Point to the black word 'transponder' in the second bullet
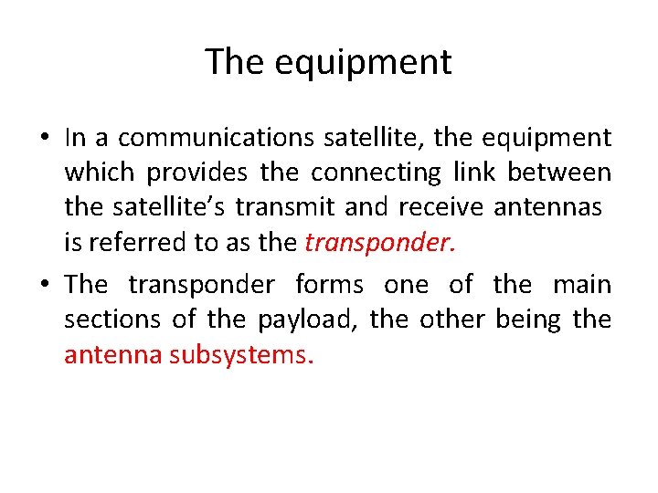coord(201,285)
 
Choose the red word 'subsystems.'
coord(241,354)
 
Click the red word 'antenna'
coord(112,354)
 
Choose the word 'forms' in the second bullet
coord(328,285)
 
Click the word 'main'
coord(582,285)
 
